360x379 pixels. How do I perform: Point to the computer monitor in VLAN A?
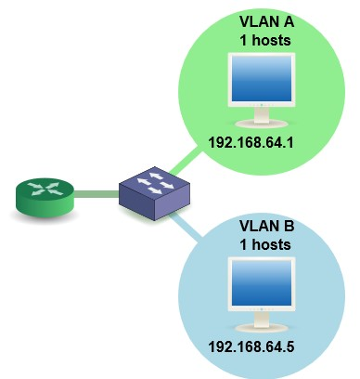tap(262, 88)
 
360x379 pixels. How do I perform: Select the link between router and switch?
tap(96, 194)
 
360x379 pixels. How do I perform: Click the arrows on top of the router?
tap(44, 189)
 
